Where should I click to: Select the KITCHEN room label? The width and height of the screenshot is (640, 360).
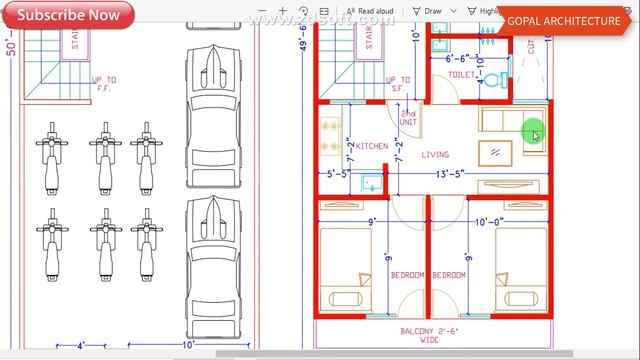point(372,146)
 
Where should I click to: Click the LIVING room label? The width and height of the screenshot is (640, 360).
point(435,155)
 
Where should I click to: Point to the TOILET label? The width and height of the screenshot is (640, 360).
point(461,75)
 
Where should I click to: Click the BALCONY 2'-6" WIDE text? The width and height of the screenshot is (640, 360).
point(430,334)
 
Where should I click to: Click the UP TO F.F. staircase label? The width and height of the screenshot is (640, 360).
point(104,84)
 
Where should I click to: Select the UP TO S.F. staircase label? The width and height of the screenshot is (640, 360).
point(398,84)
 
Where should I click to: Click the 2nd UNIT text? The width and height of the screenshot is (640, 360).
point(408,118)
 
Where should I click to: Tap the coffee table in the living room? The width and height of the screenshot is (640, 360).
point(492,153)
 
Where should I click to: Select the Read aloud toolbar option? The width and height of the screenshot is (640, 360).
point(375,12)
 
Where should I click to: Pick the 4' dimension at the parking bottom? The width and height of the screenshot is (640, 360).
point(83,346)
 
